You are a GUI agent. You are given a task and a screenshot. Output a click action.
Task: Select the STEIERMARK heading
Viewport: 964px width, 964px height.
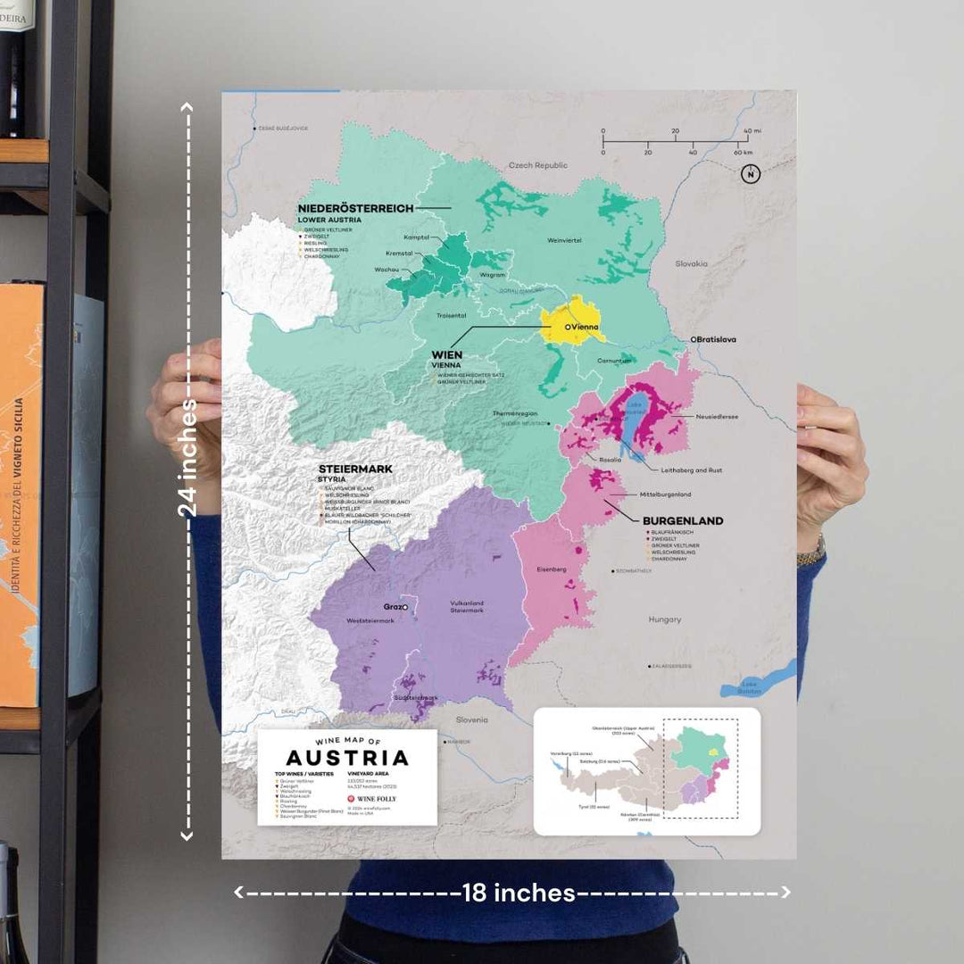coord(355,469)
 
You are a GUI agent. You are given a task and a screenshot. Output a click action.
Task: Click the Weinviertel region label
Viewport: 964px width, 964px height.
coord(565,239)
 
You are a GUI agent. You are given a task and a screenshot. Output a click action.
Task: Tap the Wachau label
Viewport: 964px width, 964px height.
coord(386,269)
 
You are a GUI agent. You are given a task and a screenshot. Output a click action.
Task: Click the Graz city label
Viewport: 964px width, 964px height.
coord(393,606)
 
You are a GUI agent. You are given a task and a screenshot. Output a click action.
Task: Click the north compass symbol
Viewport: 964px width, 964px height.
coord(750,175)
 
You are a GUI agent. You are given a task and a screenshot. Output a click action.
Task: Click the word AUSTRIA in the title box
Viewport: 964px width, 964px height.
coord(347,758)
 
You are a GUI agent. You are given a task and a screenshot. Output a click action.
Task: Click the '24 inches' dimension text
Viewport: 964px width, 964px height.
coord(187,457)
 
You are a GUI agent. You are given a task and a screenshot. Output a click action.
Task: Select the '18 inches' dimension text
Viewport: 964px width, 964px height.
coord(518,892)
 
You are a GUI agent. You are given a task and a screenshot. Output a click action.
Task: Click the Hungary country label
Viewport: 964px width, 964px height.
coord(664,619)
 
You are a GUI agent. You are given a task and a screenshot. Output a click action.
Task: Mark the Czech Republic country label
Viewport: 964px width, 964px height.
coord(537,165)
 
